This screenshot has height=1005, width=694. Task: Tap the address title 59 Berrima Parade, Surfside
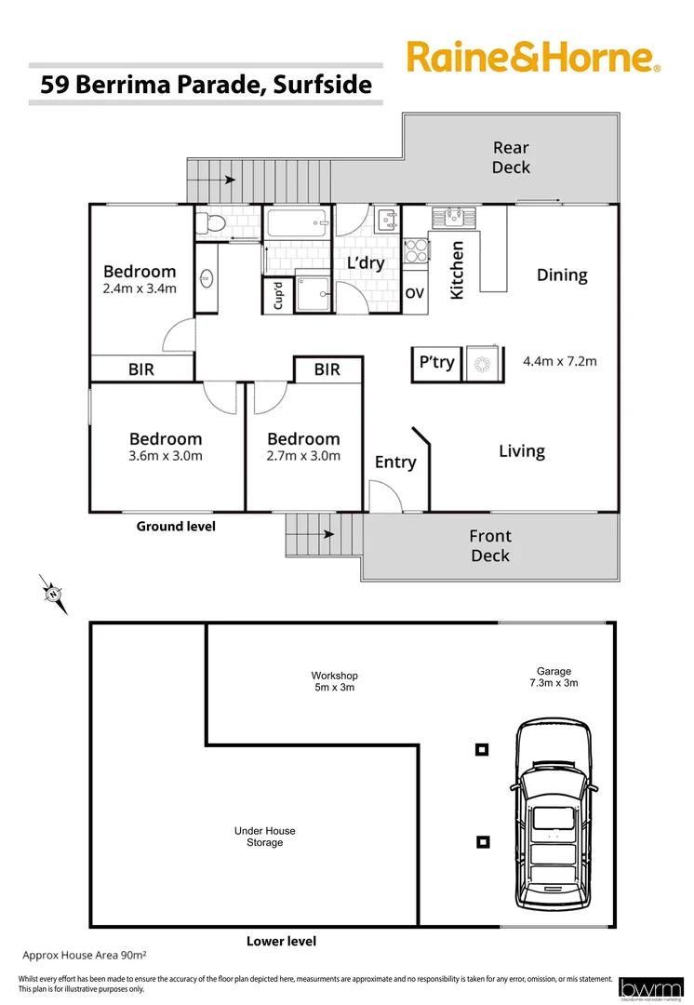click(206, 86)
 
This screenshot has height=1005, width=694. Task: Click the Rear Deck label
click(511, 157)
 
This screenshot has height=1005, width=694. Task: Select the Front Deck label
click(489, 546)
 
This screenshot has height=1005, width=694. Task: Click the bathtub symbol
click(297, 223)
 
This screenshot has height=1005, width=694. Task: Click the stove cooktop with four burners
click(415, 250)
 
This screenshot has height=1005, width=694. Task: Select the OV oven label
click(415, 292)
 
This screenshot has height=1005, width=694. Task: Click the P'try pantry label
click(436, 363)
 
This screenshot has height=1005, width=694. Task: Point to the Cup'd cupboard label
click(275, 296)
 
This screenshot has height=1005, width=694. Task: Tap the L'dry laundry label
click(366, 263)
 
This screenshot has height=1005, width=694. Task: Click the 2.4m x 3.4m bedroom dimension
click(140, 288)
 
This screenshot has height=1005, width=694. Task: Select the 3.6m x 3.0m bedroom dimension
click(166, 456)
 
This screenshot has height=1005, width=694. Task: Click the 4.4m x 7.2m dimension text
click(559, 361)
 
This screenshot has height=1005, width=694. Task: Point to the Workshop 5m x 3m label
click(334, 681)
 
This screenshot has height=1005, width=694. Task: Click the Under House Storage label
click(265, 837)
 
